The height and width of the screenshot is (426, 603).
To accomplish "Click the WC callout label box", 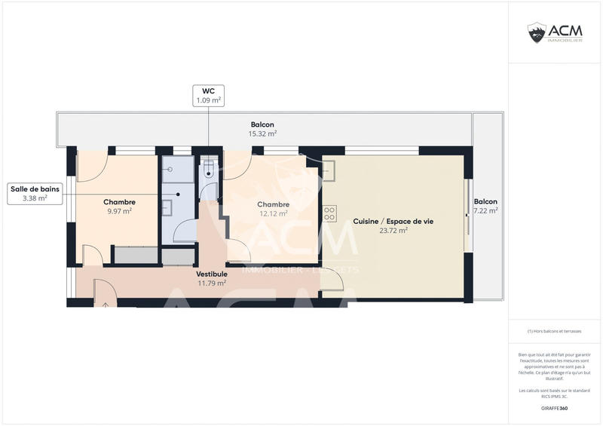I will pyautogui.click(x=209, y=95).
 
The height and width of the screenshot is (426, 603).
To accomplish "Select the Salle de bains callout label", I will pyautogui.click(x=35, y=194).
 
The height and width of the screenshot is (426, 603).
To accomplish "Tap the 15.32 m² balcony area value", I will pyautogui.click(x=262, y=134).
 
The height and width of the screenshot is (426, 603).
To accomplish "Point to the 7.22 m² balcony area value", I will pyautogui.click(x=485, y=211).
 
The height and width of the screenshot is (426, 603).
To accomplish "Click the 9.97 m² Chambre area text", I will pyautogui.click(x=119, y=211).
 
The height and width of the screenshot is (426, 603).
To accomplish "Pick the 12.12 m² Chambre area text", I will pyautogui.click(x=273, y=214).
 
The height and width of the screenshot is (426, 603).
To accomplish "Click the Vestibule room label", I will pyautogui.click(x=211, y=274).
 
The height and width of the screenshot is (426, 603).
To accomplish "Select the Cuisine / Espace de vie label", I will pyautogui.click(x=393, y=222).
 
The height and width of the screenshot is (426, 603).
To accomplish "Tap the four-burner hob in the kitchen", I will pyautogui.click(x=329, y=213).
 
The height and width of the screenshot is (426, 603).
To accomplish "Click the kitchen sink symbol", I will pyautogui.click(x=329, y=171).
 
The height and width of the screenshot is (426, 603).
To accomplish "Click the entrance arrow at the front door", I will pyautogui.click(x=106, y=304).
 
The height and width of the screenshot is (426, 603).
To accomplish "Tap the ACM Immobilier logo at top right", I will pyautogui.click(x=556, y=32).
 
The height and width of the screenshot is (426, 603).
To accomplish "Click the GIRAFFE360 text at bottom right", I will pyautogui.click(x=554, y=408).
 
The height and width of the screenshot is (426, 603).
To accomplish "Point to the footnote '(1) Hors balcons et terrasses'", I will pyautogui.click(x=554, y=331).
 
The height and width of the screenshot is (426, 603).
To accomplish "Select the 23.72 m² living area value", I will pyautogui.click(x=393, y=231).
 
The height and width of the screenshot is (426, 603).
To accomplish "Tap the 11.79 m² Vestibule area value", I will pyautogui.click(x=211, y=283).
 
